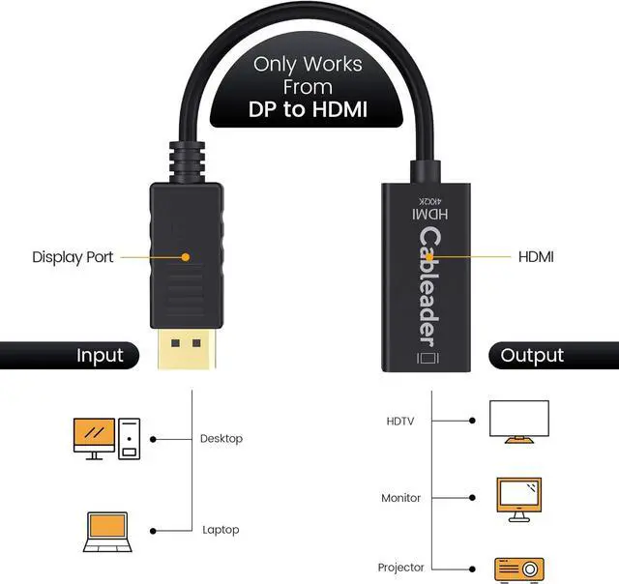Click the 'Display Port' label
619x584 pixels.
tap(73, 257)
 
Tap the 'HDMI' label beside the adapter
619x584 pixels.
tap(536, 257)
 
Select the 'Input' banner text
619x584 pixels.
tap(101, 355)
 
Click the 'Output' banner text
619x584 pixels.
tap(531, 355)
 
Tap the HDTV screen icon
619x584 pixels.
tap(518, 422)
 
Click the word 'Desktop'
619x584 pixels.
tap(221, 439)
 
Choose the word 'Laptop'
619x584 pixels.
tap(221, 530)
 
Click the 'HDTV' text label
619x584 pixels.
tap(400, 421)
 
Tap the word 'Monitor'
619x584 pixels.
tap(400, 498)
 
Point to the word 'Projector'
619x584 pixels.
tap(401, 568)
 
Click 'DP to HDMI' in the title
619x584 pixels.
tap(309, 109)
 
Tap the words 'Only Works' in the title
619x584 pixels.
tap(309, 65)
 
